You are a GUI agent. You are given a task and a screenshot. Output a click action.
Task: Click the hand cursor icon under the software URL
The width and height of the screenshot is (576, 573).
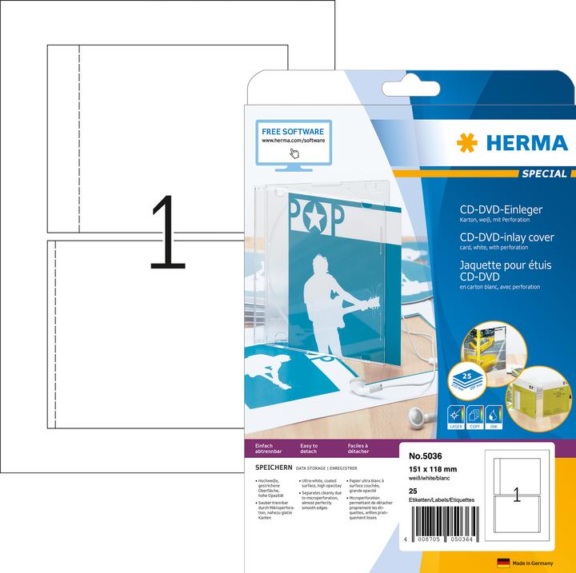pyautogui.click(x=294, y=153)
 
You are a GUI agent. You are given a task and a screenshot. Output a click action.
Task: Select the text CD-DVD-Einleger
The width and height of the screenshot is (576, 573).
pyautogui.click(x=487, y=209)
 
